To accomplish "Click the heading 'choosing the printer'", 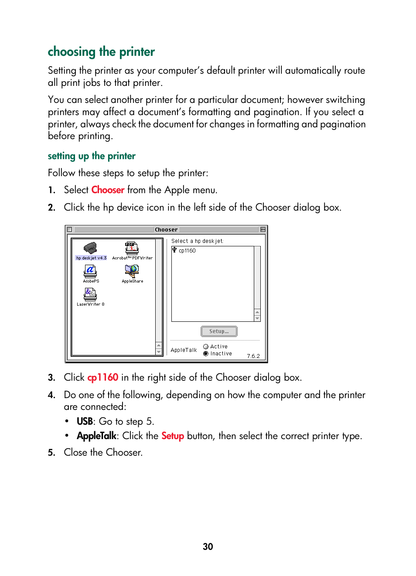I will click(101, 52).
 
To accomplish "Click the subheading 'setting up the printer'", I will click(92, 156).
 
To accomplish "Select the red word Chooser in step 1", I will click(108, 190).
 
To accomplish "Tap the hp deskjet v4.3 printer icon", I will click(90, 249).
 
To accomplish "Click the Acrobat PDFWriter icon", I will click(132, 249).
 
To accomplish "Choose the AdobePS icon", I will click(90, 271).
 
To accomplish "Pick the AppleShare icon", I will click(132, 271).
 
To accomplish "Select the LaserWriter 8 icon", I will click(90, 294).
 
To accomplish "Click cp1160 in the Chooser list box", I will click(187, 251).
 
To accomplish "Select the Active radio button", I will click(206, 347).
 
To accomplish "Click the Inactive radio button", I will click(206, 354).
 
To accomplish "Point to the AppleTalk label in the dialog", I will click(184, 350).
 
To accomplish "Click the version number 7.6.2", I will click(253, 356).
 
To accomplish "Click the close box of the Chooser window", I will click(69, 229).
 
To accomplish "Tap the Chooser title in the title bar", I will click(166, 230).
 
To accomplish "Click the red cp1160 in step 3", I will click(102, 378).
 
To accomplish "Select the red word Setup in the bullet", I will click(173, 436).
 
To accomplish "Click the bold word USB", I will click(85, 422).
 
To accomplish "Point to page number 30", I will click(208, 547).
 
